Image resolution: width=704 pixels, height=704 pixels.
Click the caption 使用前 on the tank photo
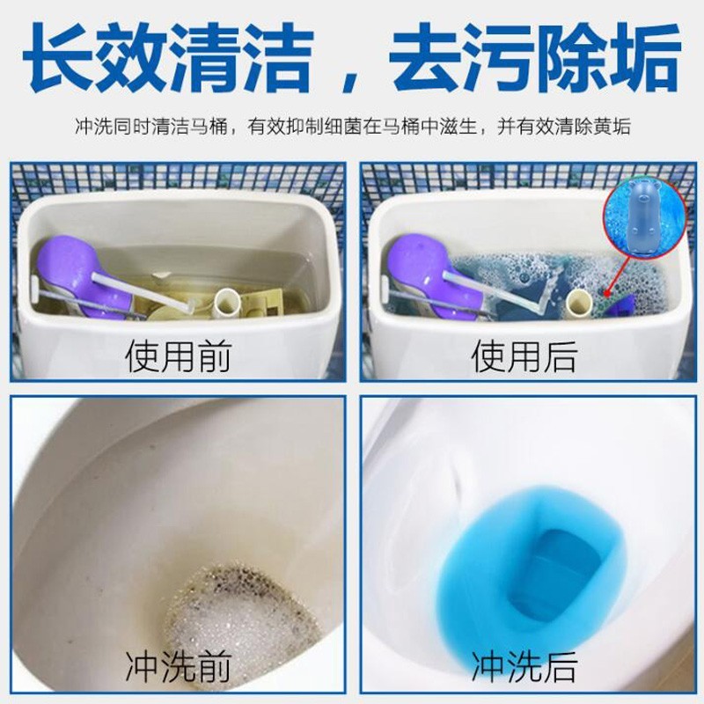178,357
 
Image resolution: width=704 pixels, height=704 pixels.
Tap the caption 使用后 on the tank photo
524,357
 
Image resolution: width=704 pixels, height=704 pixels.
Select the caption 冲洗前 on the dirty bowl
179,667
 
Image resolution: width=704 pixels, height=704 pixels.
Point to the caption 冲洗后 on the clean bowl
524,667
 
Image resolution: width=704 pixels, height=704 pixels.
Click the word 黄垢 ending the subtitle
612,126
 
